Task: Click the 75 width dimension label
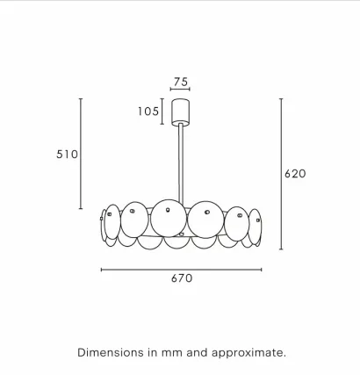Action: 181,82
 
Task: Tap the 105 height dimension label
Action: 148,112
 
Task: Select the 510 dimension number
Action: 67,154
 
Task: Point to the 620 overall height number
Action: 295,174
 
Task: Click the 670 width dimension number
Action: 182,278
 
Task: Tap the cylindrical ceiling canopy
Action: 180,112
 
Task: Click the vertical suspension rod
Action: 181,163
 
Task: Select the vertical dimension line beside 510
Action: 81,154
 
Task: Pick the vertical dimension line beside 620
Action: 281,174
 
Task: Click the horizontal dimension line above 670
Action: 181,270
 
